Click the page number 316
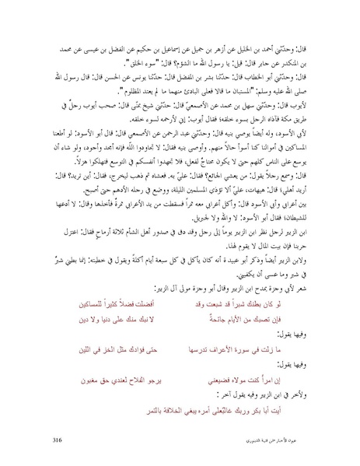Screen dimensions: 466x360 (54, 440)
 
